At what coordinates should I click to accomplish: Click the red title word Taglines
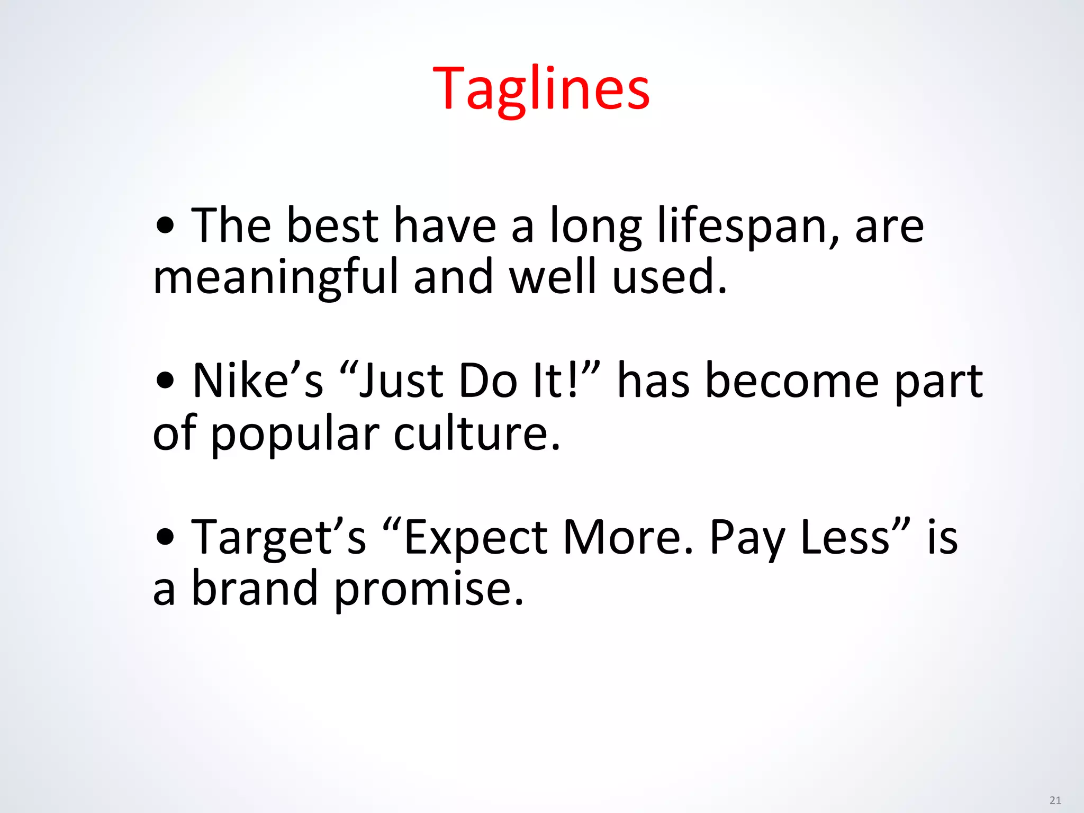point(541,89)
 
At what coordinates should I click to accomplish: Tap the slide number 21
point(1055,800)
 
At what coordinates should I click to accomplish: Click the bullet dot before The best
point(166,226)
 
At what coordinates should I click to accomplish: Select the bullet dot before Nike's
point(166,381)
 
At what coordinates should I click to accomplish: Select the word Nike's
point(258,381)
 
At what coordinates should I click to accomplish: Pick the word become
point(792,381)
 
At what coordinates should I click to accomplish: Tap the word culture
point(476,432)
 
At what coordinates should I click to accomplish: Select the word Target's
point(278,537)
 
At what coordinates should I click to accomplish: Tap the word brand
point(254,588)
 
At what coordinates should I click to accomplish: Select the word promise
point(428,589)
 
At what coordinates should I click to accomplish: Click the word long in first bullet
point(595,226)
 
